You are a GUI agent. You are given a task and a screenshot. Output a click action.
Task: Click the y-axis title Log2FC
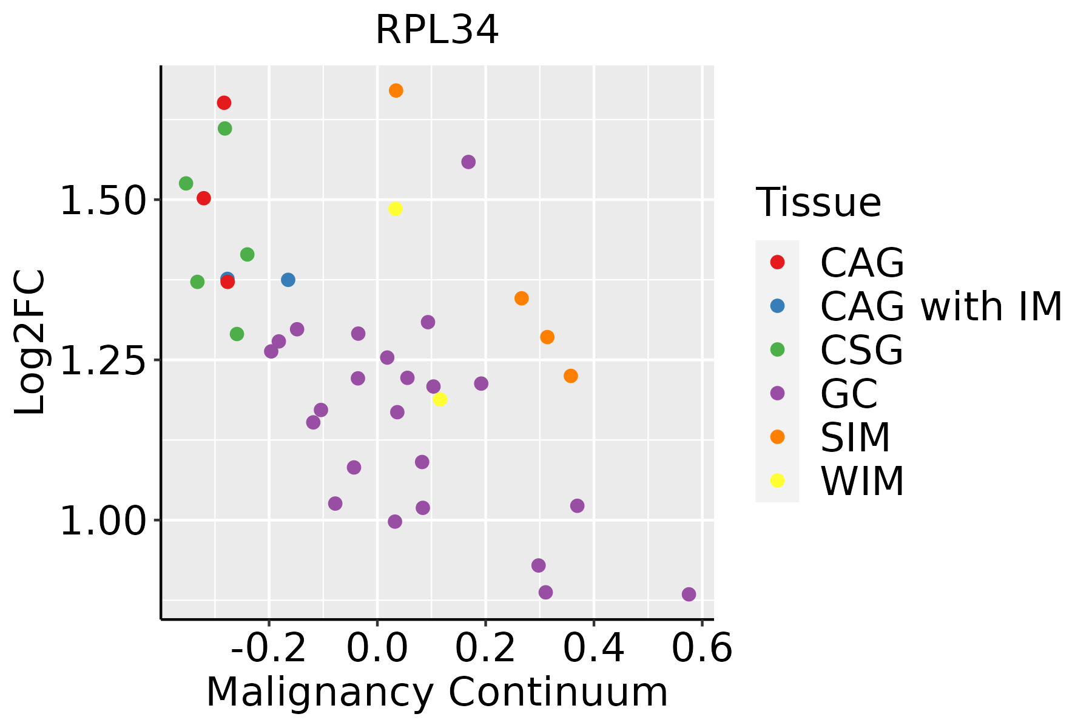click(30, 343)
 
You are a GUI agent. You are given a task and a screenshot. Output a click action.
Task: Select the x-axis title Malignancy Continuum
click(437, 693)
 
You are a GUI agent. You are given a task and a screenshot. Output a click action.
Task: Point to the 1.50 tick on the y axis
click(103, 200)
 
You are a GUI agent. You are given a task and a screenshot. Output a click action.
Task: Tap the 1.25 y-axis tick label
click(103, 360)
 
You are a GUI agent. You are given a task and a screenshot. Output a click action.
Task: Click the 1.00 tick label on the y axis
click(103, 521)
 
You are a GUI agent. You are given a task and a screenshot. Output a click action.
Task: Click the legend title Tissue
click(818, 203)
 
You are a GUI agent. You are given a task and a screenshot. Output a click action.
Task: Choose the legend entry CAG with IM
click(941, 306)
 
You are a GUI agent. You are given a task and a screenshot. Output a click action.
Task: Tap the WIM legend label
click(862, 481)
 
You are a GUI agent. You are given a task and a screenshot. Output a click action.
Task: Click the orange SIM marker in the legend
click(777, 437)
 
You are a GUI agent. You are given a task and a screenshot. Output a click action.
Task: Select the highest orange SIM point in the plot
click(396, 91)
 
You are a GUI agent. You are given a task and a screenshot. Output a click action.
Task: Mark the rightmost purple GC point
click(689, 595)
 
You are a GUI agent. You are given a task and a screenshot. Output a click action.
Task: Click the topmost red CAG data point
click(224, 103)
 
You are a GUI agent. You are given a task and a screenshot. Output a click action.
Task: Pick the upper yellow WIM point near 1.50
click(395, 209)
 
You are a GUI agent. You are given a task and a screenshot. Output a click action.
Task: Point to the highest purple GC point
click(468, 162)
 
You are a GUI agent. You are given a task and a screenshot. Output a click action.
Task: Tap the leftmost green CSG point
click(186, 183)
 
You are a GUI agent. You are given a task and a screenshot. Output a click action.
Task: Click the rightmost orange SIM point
click(571, 376)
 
